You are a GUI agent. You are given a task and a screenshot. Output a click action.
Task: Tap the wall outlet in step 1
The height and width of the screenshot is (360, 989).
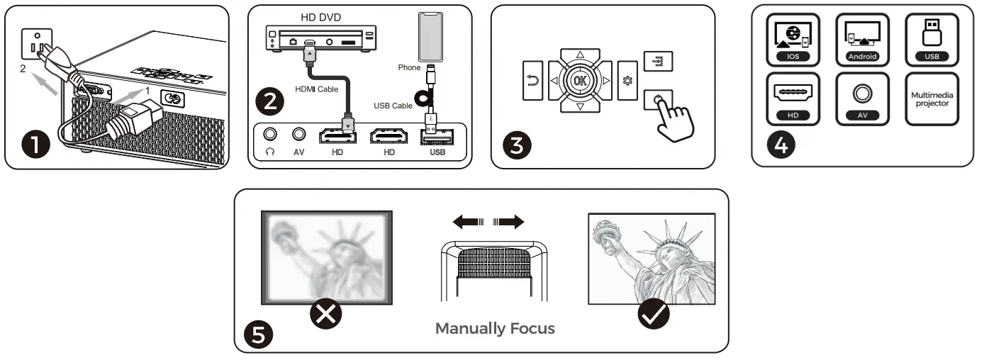coord(33,46)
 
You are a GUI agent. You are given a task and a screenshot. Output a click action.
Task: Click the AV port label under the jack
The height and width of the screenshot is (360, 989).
coord(298,153)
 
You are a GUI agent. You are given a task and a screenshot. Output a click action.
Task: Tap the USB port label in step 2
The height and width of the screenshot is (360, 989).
coord(437,153)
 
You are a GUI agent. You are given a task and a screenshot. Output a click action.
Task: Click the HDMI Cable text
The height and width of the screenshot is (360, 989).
coord(315,89)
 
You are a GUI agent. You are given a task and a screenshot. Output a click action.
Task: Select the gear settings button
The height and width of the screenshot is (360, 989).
coord(627,81)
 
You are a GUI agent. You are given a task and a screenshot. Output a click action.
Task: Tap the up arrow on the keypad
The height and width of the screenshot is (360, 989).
coord(580,54)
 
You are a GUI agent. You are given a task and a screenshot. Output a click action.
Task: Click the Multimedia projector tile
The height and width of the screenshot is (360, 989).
coord(932,99)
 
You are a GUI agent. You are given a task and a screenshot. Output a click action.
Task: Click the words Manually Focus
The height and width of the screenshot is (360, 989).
coord(495,329)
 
